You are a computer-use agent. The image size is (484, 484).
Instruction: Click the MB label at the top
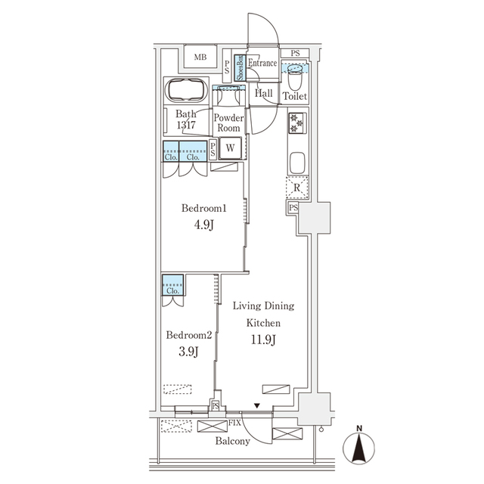[x=200, y=57]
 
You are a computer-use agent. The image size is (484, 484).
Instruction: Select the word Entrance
[x=263, y=64]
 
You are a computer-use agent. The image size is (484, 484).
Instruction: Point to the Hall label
[x=264, y=93]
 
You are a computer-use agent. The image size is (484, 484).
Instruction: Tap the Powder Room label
[x=228, y=123]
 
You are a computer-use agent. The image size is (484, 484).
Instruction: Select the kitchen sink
[x=296, y=163]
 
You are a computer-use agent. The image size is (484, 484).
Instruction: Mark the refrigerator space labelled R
[x=296, y=187]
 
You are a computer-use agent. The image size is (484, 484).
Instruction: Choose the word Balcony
[x=232, y=441]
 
